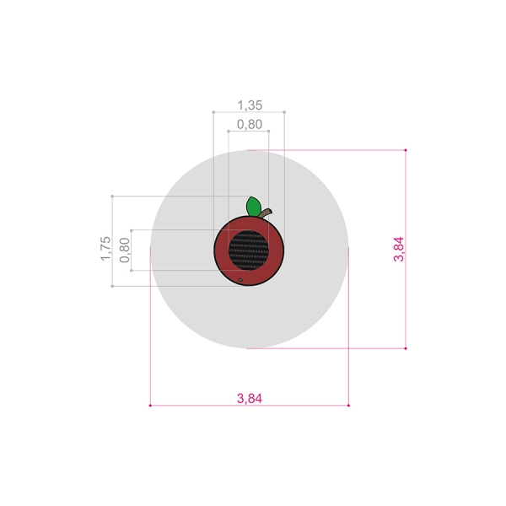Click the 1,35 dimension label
(250, 105)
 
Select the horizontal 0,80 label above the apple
(250, 124)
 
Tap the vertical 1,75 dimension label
(105, 249)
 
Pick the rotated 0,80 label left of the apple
(125, 250)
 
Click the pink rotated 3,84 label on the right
(399, 249)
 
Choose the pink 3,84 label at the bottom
(250, 399)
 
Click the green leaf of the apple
(254, 207)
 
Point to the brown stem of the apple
(266, 213)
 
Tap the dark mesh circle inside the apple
(249, 250)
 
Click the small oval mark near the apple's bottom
(240, 280)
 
